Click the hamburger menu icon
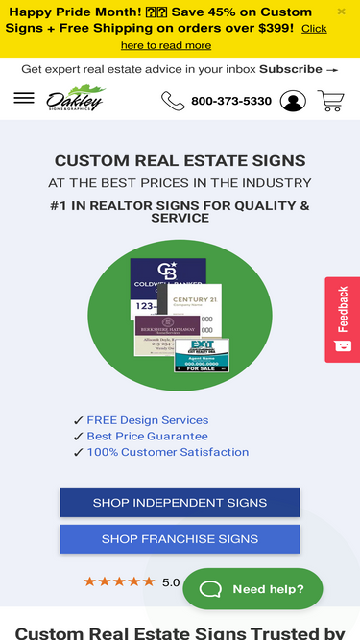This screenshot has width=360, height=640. coord(24,99)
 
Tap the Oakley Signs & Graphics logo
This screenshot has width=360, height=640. coord(76,100)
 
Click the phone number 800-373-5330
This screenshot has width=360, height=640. coord(231,101)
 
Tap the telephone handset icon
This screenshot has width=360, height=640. coord(172,101)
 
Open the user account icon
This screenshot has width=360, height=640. coord(293,101)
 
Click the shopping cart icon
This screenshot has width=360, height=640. coord(330,101)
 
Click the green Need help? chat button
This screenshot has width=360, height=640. coord(252,588)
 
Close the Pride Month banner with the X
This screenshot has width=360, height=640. coord(342,12)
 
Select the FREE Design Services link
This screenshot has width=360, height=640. coord(147,420)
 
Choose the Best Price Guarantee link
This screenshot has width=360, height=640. coord(147,436)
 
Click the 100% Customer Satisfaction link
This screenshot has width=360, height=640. coord(167,452)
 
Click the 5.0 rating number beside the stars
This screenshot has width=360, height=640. coord(171,581)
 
